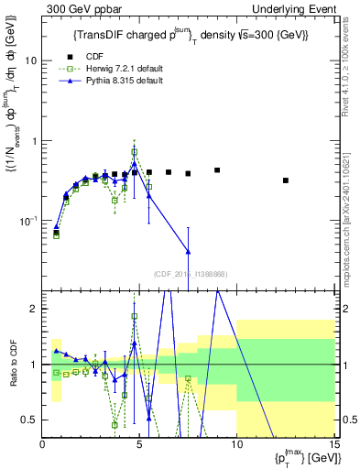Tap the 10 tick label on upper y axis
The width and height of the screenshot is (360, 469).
point(29,60)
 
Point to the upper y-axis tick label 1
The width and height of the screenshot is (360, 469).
point(33,141)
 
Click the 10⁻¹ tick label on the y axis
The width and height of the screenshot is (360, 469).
point(27,222)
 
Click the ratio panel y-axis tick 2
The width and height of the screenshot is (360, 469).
point(33,309)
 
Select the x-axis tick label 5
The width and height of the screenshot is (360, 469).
point(139,444)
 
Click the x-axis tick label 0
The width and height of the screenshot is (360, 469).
point(43,444)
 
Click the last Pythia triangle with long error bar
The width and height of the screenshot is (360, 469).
point(188,252)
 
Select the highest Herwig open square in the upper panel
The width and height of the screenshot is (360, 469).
point(135,152)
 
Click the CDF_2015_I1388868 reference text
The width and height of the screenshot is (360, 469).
point(190,274)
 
